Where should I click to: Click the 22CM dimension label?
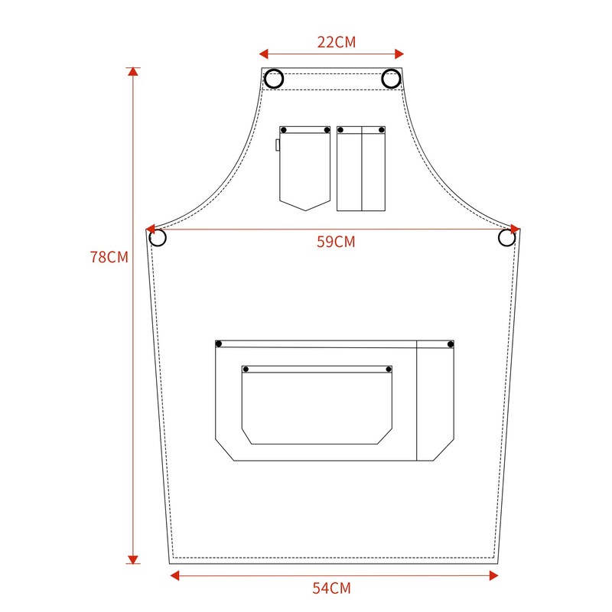[x=337, y=42]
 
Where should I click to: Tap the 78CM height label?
[x=109, y=257]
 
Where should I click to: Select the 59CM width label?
[x=336, y=242]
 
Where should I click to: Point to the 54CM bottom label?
[x=332, y=588]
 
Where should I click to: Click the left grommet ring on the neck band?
[x=275, y=78]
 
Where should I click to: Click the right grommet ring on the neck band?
[x=391, y=78]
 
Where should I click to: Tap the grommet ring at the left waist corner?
[x=158, y=238]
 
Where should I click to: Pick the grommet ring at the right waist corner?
[x=506, y=238]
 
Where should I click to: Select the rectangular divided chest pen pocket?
[x=361, y=168]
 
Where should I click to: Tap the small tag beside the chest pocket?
[x=278, y=145]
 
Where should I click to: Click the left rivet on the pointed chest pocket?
[x=283, y=131]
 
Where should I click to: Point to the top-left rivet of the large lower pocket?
[x=219, y=343]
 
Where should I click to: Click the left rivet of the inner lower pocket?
[x=246, y=370]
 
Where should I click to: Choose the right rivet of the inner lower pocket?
[x=389, y=370]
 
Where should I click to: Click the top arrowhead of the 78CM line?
[x=134, y=72]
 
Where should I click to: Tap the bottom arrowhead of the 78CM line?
[x=134, y=559]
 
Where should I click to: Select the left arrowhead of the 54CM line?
[x=174, y=575]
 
